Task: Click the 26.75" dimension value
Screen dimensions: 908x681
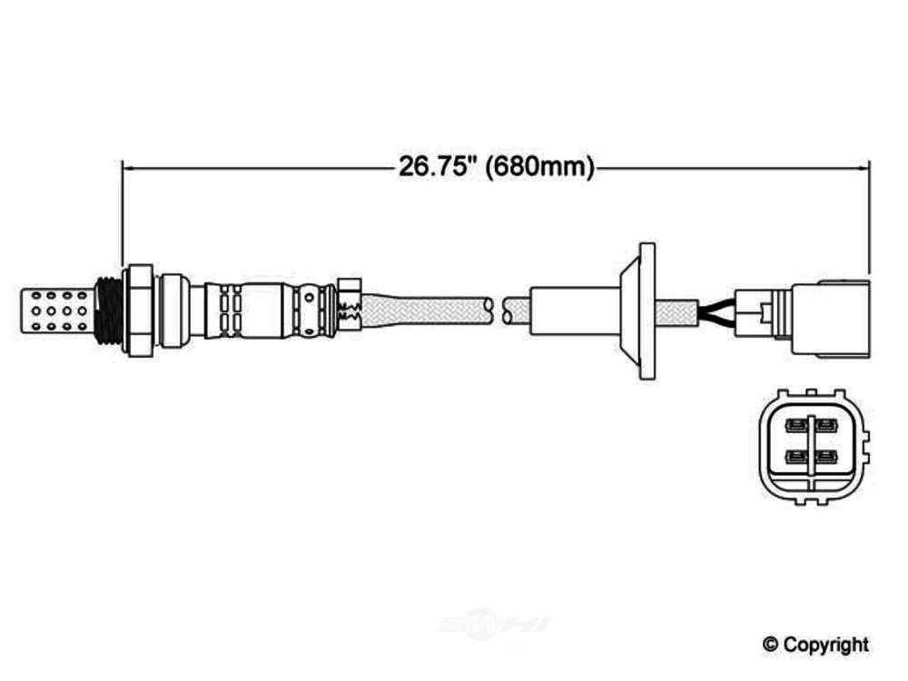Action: tap(433, 167)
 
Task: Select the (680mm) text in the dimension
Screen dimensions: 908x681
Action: tap(539, 167)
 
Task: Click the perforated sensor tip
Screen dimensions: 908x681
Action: tap(56, 311)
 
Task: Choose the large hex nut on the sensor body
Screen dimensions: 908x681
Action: tap(141, 311)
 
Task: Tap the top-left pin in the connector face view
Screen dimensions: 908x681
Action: tap(796, 426)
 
